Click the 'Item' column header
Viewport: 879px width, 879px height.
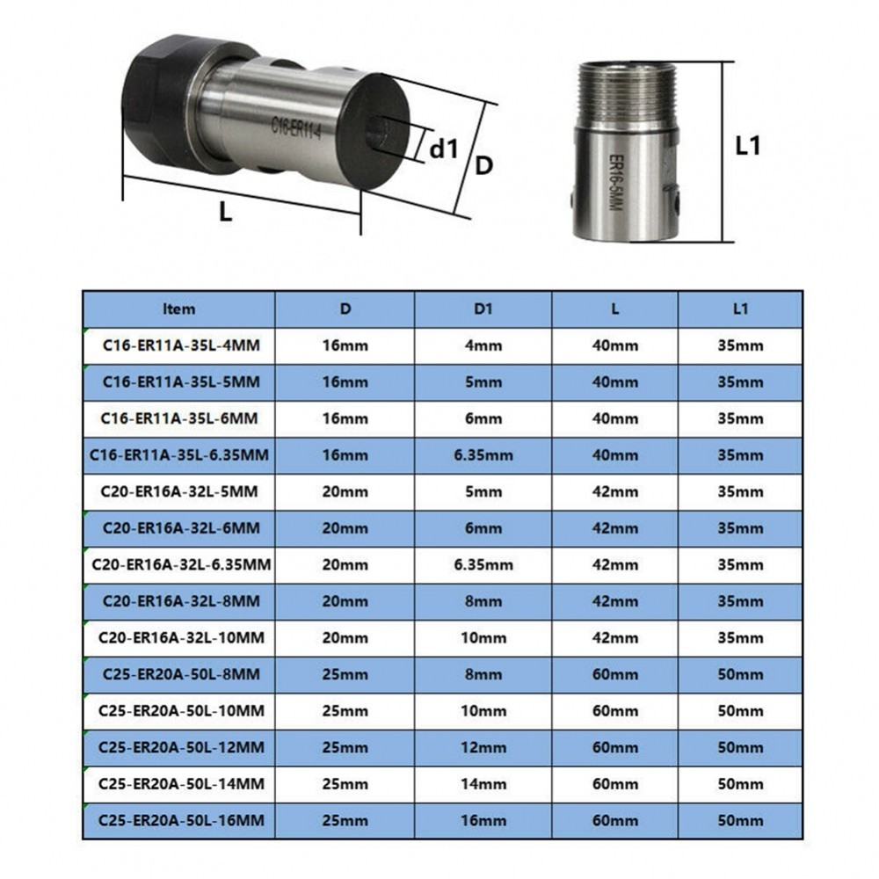179,309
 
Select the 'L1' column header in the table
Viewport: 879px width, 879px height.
739,309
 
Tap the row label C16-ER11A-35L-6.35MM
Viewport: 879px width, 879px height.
179,454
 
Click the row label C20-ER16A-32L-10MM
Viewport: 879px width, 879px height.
179,636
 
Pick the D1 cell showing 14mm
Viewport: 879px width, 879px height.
483,782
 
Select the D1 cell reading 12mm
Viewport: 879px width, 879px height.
483,746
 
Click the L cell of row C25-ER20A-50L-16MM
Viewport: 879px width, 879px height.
614,819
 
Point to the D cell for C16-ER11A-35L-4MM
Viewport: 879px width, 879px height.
345,345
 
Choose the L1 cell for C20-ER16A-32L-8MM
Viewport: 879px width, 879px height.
739,600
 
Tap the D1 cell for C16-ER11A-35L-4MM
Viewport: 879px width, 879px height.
483,345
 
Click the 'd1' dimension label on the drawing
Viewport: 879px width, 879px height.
445,149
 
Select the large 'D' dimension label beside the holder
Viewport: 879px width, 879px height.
484,164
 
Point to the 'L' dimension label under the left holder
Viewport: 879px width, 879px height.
226,212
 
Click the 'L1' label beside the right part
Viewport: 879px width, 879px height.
747,146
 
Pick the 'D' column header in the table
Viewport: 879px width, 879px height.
345,309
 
